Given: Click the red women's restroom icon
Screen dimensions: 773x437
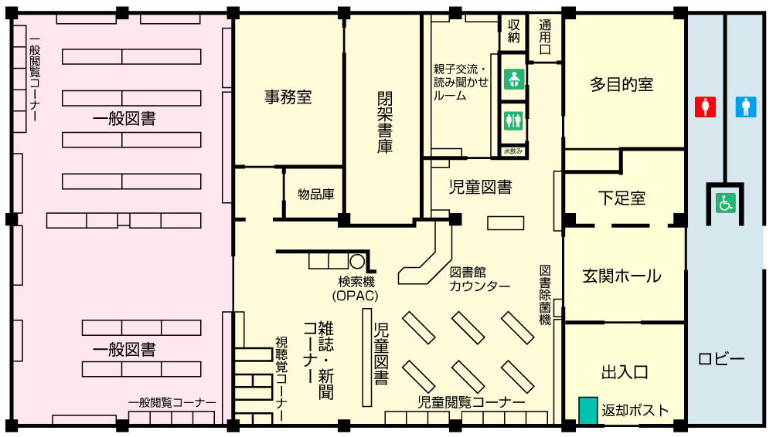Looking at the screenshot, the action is coord(705,107).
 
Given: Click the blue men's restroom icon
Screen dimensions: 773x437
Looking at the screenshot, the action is coord(746,107).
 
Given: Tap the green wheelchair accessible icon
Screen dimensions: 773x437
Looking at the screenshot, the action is coord(726,203).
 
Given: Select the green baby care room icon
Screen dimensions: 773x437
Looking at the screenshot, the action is coord(514,79).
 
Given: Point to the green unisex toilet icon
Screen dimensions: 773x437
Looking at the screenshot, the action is coord(514,120).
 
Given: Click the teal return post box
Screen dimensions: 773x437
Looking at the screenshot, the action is coord(588,410).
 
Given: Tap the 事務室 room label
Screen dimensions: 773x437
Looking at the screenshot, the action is coord(288,97).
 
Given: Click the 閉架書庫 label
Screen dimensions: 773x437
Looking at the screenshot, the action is coord(385,122).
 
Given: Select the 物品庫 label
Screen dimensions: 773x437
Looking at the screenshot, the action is coord(316,194).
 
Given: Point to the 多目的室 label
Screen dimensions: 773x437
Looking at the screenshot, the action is coord(621,84).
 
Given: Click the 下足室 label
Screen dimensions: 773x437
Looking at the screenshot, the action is coord(621,198).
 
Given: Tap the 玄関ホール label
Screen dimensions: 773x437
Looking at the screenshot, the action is coord(621,276).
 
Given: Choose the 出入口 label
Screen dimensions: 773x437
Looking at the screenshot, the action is coord(625,372).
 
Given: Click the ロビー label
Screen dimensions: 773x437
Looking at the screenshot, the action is coord(721,359).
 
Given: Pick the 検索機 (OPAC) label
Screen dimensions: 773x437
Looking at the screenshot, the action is coord(356,289).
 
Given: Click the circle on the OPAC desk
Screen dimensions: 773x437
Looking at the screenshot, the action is coord(357,261).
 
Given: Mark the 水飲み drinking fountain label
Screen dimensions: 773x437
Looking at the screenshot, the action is coord(513,151).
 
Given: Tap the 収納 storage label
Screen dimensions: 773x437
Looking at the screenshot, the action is coord(514,31).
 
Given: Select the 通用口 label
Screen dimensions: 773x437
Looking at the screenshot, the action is coord(545,37).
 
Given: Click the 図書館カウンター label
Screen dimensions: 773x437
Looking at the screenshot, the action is coord(479,279).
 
